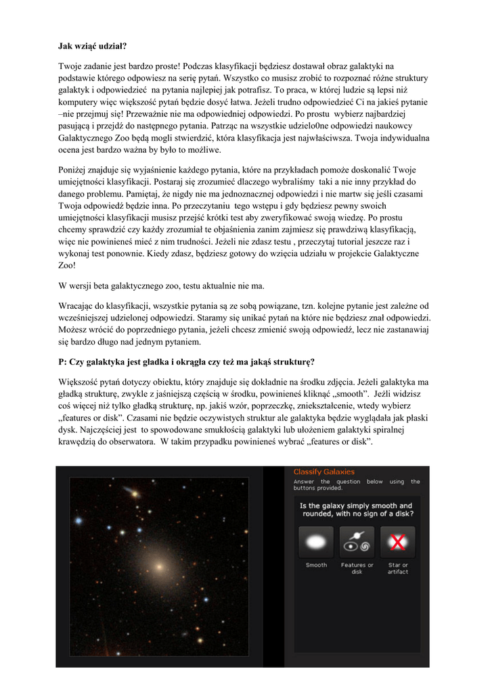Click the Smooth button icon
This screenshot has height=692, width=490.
[x=316, y=542]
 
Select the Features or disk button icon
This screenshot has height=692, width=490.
[x=357, y=542]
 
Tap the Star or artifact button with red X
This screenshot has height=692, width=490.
[x=398, y=542]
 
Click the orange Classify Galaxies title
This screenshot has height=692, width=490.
[x=324, y=472]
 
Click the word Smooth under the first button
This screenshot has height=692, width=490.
[x=316, y=565]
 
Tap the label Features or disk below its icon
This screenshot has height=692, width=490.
[x=357, y=568]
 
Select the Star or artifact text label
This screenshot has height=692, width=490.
[x=398, y=568]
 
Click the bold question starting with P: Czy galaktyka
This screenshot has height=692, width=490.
[x=187, y=361]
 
